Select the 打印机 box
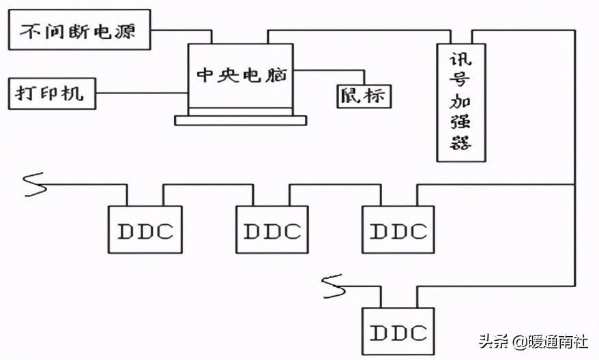tap(52, 93)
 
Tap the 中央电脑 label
tap(241, 76)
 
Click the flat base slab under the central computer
tap(241, 120)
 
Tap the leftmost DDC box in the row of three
tap(145, 230)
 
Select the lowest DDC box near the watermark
tap(398, 332)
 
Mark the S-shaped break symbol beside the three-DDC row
tap(34, 185)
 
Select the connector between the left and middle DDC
tap(208, 184)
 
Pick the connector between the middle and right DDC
tap(334, 184)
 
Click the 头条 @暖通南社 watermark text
tap(533, 340)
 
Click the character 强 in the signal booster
tap(461, 123)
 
